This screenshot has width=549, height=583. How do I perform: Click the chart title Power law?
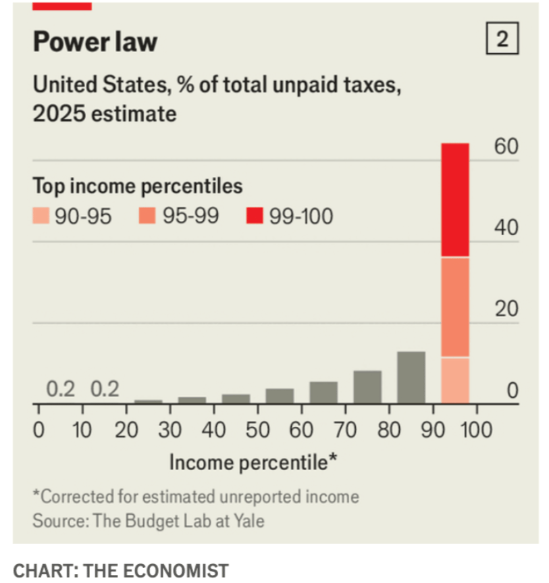coord(95,42)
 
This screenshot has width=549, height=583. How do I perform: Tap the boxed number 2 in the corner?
coord(502,41)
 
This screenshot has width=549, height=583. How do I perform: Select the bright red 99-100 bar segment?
coord(455,200)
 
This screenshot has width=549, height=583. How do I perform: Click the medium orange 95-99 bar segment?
coord(455,307)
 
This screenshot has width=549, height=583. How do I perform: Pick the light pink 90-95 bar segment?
coord(455,380)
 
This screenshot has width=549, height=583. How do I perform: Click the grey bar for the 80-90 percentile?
coord(411,377)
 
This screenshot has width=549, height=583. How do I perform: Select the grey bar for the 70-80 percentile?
coord(367,386)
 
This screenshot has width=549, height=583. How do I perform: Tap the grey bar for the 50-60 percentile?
coord(280,396)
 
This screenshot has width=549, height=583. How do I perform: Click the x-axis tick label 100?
coord(476,430)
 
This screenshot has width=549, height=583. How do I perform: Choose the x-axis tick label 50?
coord(257,430)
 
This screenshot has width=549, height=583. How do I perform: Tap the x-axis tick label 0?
coord(38,430)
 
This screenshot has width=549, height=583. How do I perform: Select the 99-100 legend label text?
coord(301,217)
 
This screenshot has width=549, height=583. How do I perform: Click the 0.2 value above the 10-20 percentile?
coord(105,390)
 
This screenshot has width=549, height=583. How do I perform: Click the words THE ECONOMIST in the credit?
coord(155,570)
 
